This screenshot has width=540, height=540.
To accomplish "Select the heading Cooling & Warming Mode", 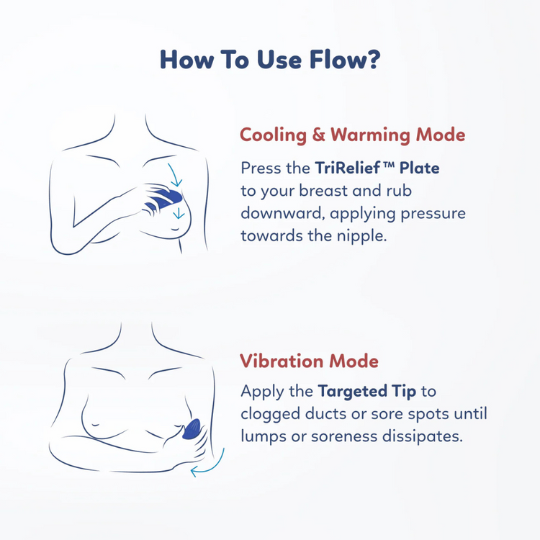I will [352, 135].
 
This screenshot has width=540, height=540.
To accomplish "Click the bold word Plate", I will [419, 168].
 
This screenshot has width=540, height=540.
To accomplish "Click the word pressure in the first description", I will [438, 214].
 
